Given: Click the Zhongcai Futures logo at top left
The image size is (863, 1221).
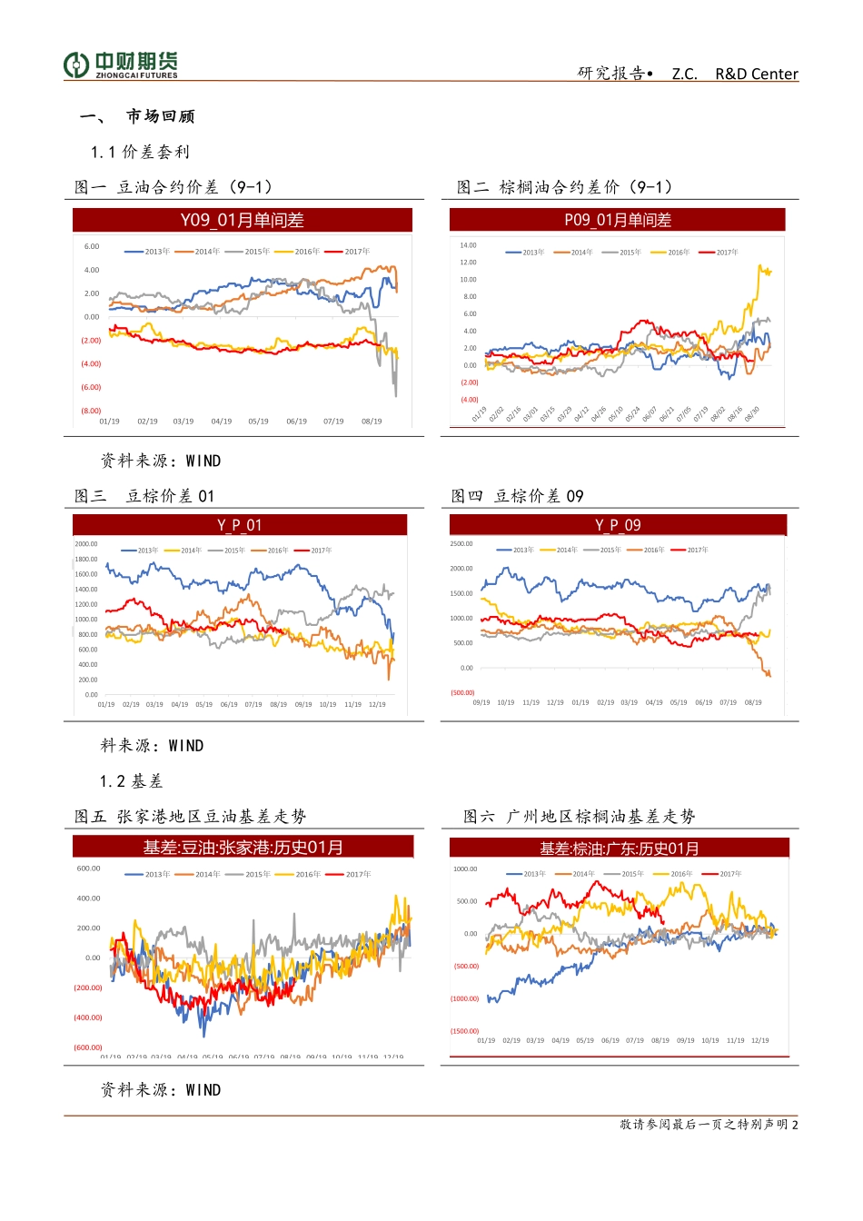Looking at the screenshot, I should (121, 65).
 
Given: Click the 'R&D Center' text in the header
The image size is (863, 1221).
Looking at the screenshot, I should (756, 74).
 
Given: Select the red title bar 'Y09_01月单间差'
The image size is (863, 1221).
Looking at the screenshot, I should (242, 220).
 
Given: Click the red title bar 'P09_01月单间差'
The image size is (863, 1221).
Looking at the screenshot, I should (617, 220).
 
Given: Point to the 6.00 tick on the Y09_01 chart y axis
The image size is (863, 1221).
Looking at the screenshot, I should (92, 246).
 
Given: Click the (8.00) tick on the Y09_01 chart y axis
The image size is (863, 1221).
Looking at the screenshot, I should (91, 411).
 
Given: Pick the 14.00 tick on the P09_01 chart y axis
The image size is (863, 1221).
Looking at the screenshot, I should (468, 245).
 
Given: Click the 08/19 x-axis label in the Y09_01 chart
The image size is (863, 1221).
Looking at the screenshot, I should (371, 422).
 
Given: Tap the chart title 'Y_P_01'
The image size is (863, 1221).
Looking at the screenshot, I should (240, 525).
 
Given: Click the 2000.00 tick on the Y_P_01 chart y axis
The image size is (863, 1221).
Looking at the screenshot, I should (86, 544).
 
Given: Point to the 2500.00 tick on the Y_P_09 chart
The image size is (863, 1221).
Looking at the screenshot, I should (461, 544).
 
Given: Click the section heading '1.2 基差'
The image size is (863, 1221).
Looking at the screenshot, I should (131, 781).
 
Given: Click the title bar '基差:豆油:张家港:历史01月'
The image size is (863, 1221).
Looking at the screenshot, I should (243, 848).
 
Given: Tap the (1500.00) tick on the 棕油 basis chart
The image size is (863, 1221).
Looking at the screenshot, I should (464, 1031).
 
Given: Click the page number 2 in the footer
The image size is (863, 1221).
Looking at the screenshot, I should (795, 1125).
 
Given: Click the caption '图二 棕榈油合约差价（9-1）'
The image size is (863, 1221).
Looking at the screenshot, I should (565, 187).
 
